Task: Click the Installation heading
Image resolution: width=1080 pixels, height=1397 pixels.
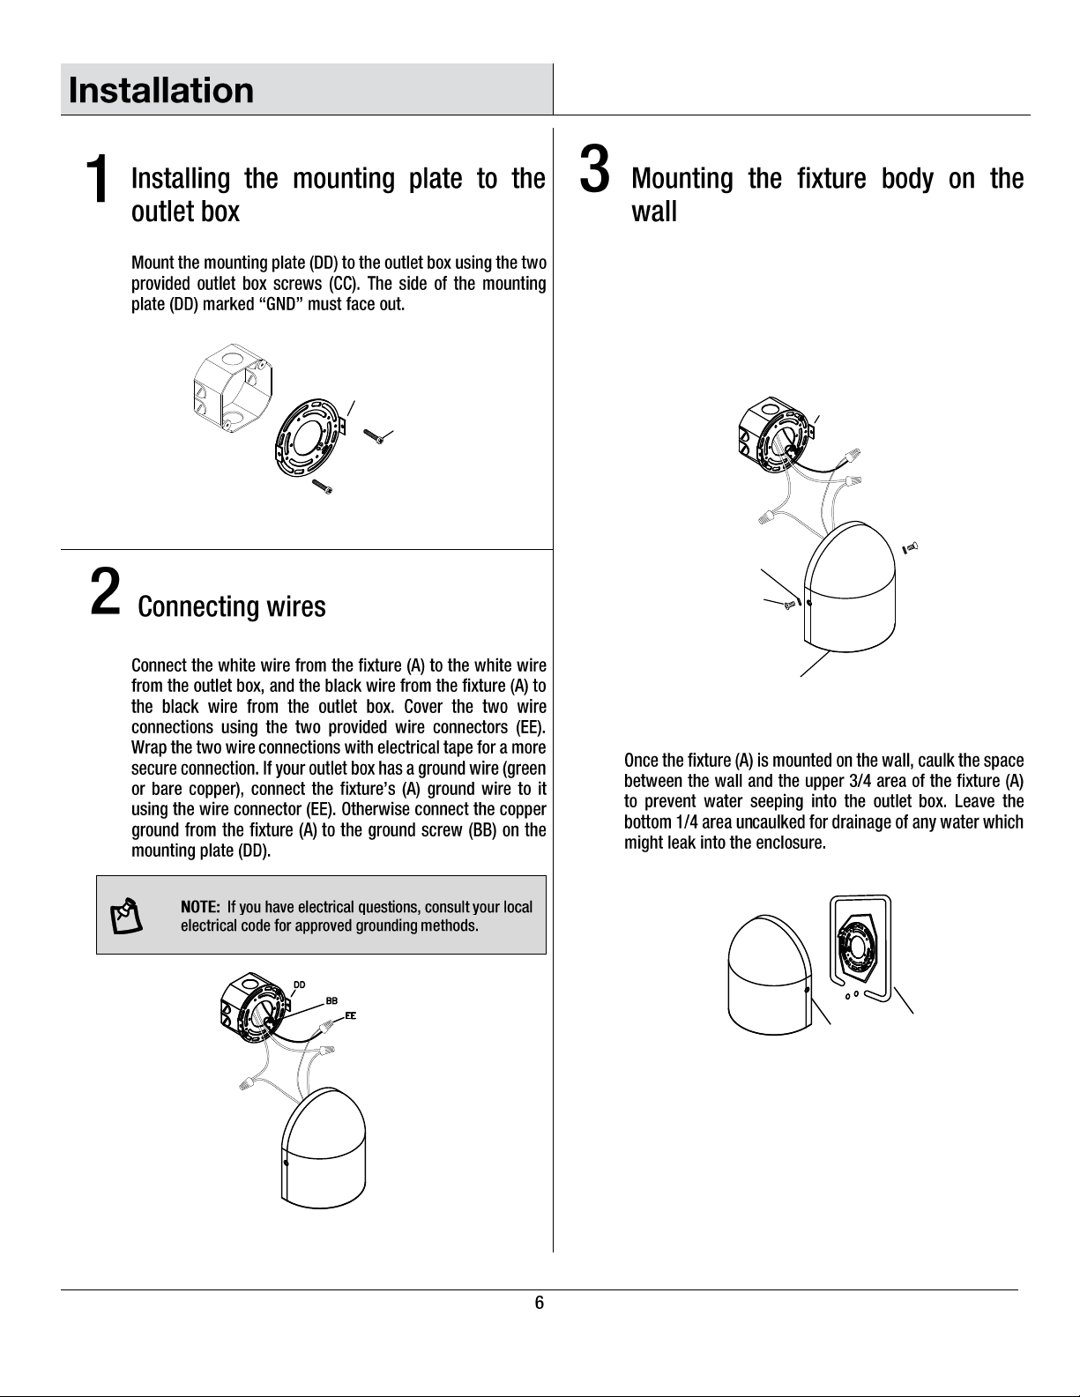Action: tap(161, 90)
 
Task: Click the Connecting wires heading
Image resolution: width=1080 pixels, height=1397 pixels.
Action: tap(232, 607)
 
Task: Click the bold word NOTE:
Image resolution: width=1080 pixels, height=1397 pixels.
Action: tap(200, 907)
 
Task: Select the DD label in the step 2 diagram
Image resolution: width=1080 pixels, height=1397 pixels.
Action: tap(300, 984)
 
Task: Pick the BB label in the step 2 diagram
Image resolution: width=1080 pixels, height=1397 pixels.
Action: tap(331, 1001)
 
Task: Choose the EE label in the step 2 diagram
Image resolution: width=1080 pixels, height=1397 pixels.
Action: tap(350, 1015)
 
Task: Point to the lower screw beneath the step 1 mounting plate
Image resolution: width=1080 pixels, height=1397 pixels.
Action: tap(324, 486)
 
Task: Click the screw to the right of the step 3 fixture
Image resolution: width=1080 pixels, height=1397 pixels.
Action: tap(911, 547)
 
